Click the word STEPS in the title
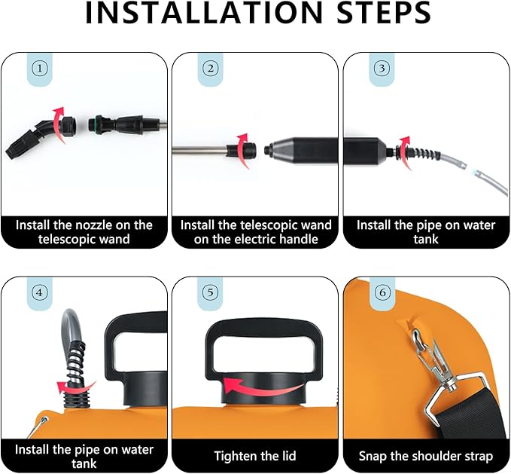[x=384, y=12]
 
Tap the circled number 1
[x=40, y=69]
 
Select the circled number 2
[x=211, y=69]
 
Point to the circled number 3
[x=382, y=69]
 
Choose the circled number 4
[x=39, y=292]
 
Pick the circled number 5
[x=211, y=292]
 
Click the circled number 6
[x=382, y=292]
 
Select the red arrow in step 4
[x=75, y=387]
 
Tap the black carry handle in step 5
[x=264, y=347]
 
